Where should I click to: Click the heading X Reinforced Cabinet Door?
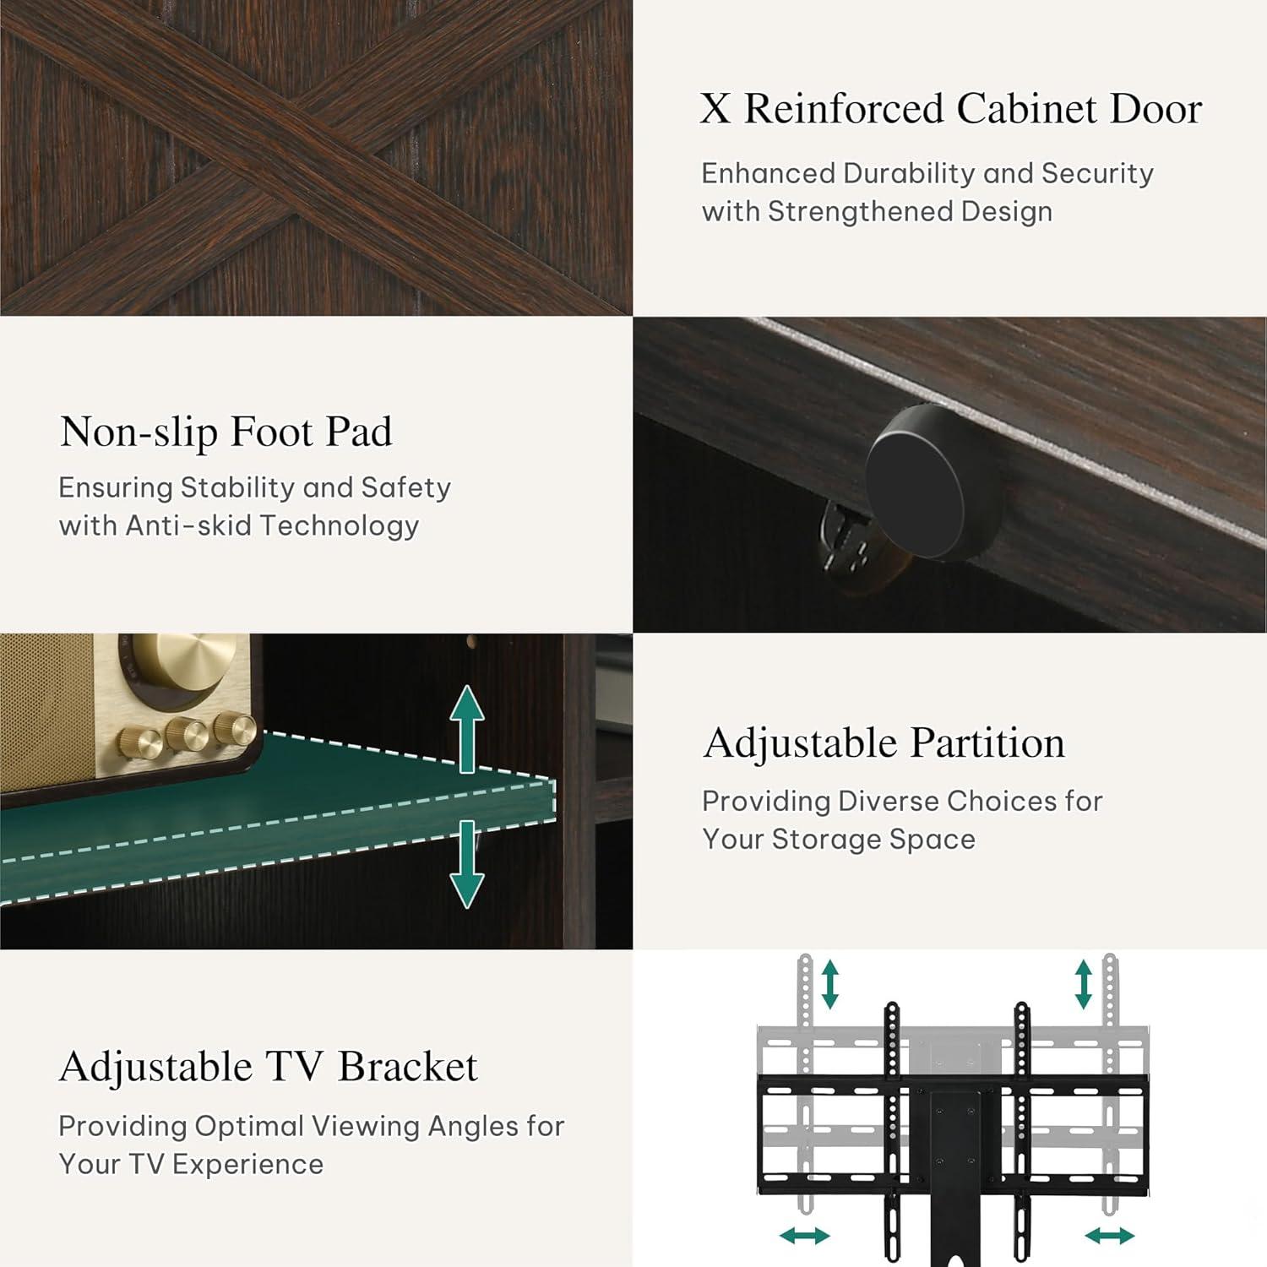point(951,109)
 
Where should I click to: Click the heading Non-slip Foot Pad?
point(226,432)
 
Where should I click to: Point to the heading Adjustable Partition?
point(884,743)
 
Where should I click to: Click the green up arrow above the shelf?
point(467,729)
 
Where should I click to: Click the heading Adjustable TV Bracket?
point(269,1066)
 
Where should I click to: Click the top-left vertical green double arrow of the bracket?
point(830,984)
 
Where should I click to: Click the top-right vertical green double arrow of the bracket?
point(1084,984)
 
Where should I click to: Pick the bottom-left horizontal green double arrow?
point(805,1237)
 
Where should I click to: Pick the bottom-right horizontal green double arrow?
point(1110,1237)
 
